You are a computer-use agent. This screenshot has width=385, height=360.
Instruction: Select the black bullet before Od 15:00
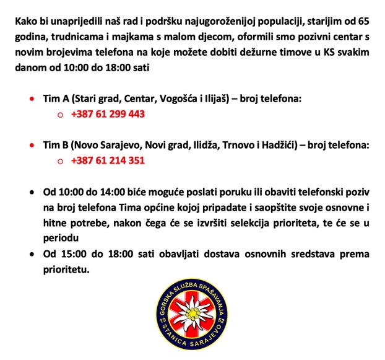tap(32, 255)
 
